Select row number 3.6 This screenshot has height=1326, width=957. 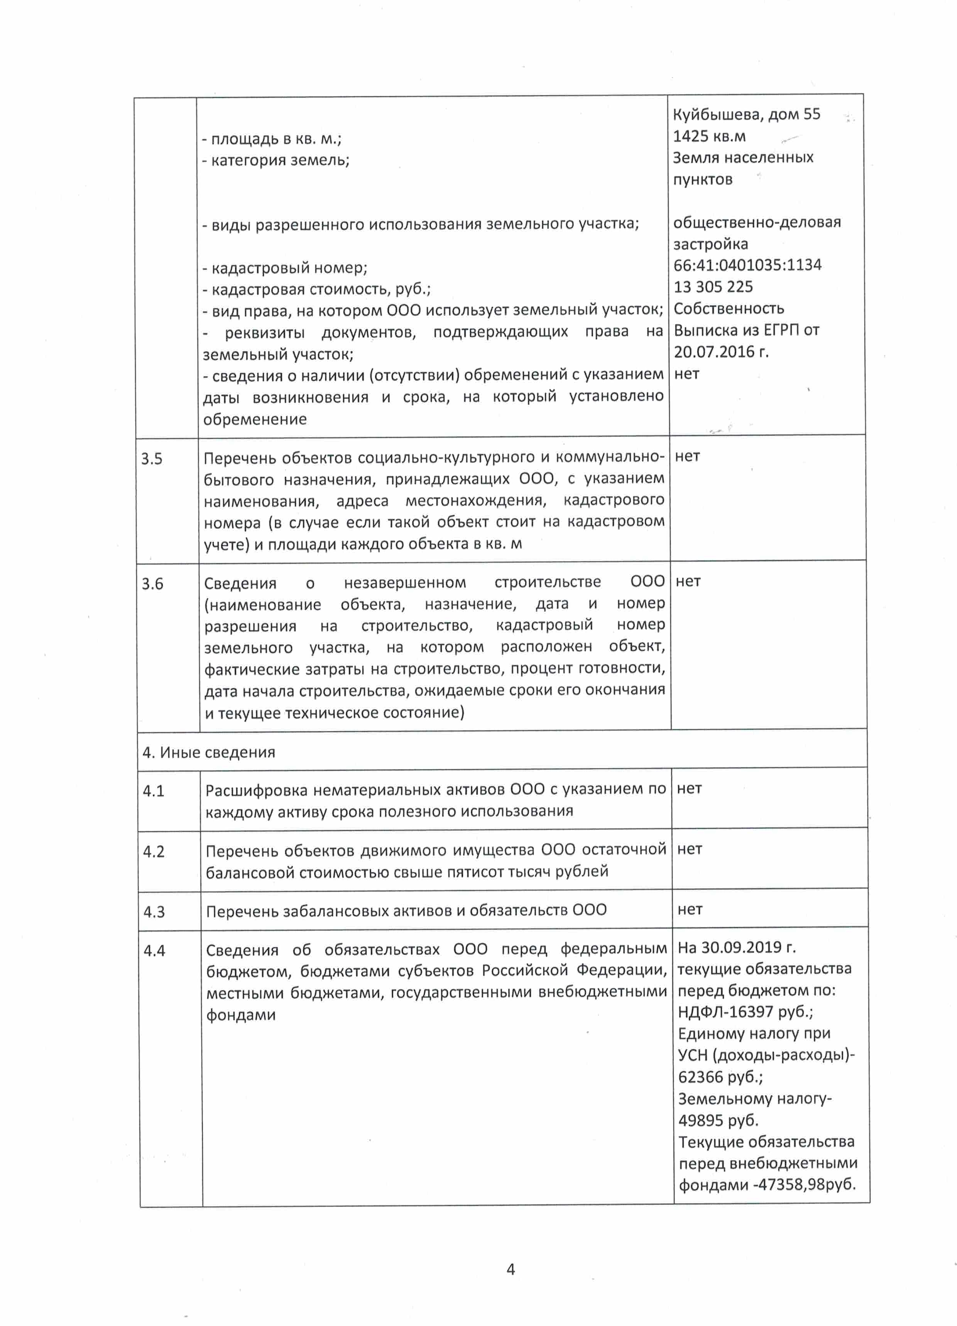(x=152, y=584)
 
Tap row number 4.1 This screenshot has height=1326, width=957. (x=153, y=791)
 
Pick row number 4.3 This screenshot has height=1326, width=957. (x=154, y=912)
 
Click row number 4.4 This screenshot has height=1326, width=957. (x=154, y=951)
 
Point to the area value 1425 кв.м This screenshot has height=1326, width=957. (x=709, y=136)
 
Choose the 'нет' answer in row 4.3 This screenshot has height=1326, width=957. (x=690, y=909)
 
